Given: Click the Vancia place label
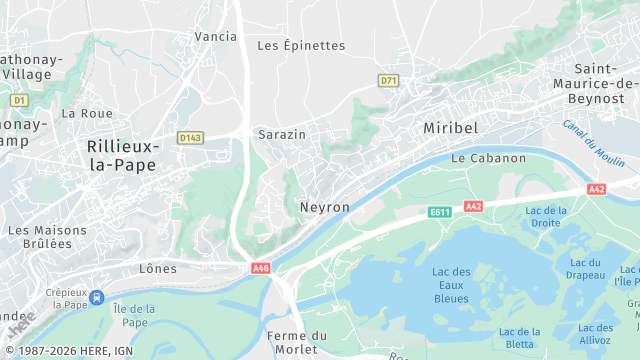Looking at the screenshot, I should pyautogui.click(x=216, y=37).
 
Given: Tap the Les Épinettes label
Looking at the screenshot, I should pyautogui.click(x=301, y=46).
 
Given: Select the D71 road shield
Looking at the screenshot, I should pyautogui.click(x=389, y=79).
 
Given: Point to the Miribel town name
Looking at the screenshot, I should pyautogui.click(x=451, y=130).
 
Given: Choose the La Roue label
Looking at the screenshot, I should pyautogui.click(x=87, y=114).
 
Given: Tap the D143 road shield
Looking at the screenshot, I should pyautogui.click(x=190, y=137).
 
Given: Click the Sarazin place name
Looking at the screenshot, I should pyautogui.click(x=281, y=134).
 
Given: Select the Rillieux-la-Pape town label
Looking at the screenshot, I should pyautogui.click(x=121, y=155).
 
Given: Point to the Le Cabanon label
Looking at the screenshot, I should pyautogui.click(x=488, y=159).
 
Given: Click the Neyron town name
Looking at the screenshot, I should pyautogui.click(x=325, y=207).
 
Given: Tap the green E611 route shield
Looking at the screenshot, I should pyautogui.click(x=441, y=212).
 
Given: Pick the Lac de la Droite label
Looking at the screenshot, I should pyautogui.click(x=546, y=216).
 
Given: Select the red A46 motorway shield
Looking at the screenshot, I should pyautogui.click(x=261, y=268).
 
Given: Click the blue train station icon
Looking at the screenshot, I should pyautogui.click(x=96, y=297).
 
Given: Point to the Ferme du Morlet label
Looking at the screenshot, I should pyautogui.click(x=293, y=342).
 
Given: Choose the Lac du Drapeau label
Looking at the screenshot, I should pyautogui.click(x=585, y=269).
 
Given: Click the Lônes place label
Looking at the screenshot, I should pyautogui.click(x=158, y=269).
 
